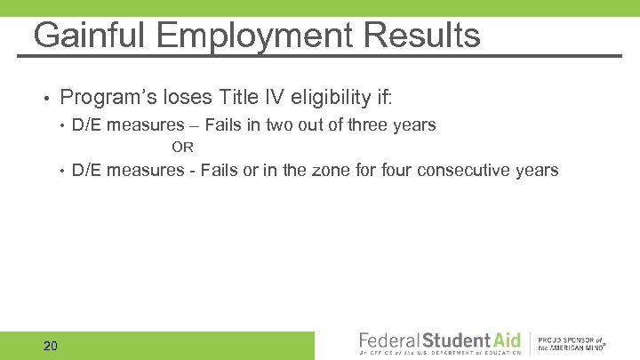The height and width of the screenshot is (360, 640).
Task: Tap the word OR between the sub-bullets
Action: pyautogui.click(x=182, y=147)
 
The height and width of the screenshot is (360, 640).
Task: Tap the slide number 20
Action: pyautogui.click(x=50, y=345)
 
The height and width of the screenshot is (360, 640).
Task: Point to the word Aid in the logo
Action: pyautogui.click(x=503, y=340)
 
